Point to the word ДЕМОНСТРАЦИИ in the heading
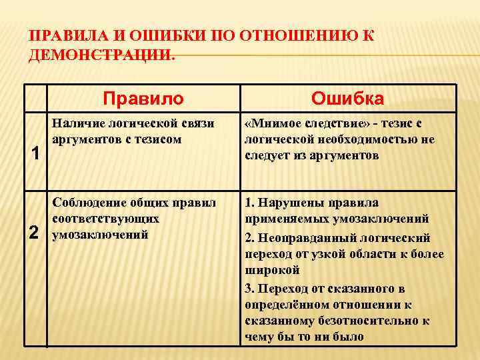(101, 55)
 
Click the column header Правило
(143, 99)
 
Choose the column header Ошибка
(349, 99)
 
